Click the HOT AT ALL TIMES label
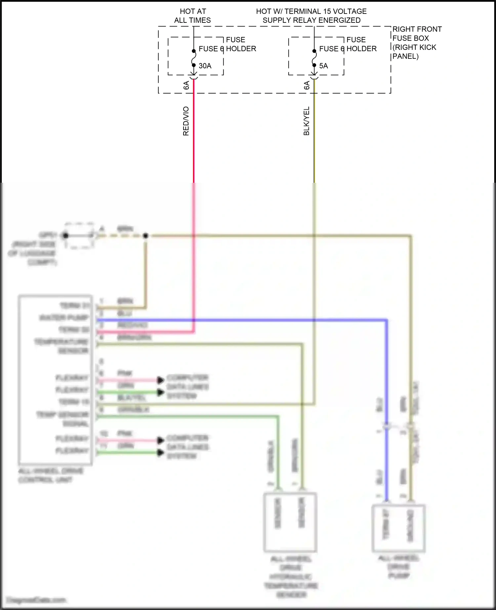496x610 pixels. click(x=192, y=16)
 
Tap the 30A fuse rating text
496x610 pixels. click(x=205, y=66)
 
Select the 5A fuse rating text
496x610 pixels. click(x=323, y=66)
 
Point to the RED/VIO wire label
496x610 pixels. click(x=186, y=121)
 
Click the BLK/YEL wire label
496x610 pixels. click(x=307, y=121)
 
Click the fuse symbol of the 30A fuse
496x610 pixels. click(x=194, y=58)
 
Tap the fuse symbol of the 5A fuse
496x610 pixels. click(x=314, y=58)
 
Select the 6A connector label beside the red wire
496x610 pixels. click(x=186, y=85)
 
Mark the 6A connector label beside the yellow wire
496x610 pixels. click(x=307, y=85)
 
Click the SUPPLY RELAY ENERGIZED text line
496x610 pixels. click(x=311, y=20)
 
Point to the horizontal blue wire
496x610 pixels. click(x=241, y=320)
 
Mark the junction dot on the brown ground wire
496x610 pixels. click(x=145, y=236)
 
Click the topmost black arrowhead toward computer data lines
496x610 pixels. click(x=161, y=380)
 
